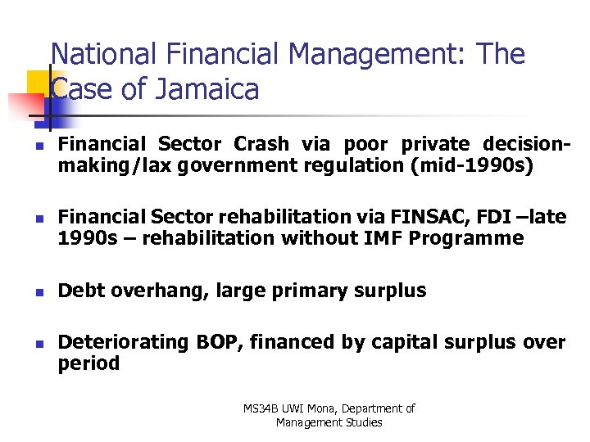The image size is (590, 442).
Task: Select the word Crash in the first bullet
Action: tap(261, 145)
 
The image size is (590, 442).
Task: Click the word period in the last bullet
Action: tap(88, 363)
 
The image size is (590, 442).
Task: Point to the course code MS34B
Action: tap(261, 408)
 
